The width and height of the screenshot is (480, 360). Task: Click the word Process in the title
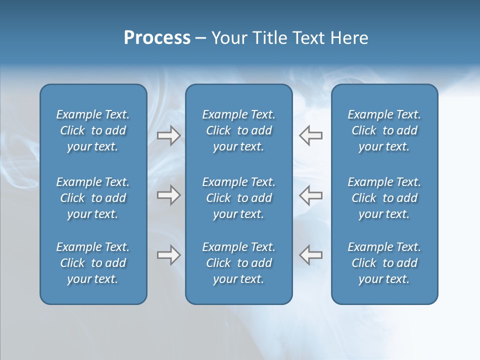pyautogui.click(x=157, y=38)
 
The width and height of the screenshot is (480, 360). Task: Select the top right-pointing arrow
pyautogui.click(x=168, y=135)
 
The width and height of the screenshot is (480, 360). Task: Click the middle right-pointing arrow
pyautogui.click(x=168, y=195)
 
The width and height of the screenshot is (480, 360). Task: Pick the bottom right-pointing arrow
pyautogui.click(x=168, y=255)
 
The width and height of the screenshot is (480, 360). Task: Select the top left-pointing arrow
pyautogui.click(x=310, y=135)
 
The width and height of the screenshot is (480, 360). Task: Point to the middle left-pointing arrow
pyautogui.click(x=310, y=195)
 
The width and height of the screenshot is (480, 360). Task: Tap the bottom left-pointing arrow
pyautogui.click(x=310, y=255)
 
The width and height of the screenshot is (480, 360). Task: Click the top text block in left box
pyautogui.click(x=93, y=130)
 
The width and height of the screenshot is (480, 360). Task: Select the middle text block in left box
pyautogui.click(x=93, y=198)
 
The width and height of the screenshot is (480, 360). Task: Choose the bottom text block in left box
pyautogui.click(x=93, y=263)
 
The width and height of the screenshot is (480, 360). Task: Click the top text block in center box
pyautogui.click(x=238, y=130)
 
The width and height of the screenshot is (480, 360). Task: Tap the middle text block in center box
pyautogui.click(x=238, y=198)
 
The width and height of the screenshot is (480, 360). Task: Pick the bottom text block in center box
pyautogui.click(x=238, y=263)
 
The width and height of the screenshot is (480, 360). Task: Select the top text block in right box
pyautogui.click(x=384, y=130)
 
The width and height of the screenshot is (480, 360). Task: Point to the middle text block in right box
pyautogui.click(x=384, y=198)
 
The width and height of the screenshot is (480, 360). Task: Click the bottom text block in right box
pyautogui.click(x=384, y=263)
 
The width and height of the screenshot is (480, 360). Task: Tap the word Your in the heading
pyautogui.click(x=228, y=38)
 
